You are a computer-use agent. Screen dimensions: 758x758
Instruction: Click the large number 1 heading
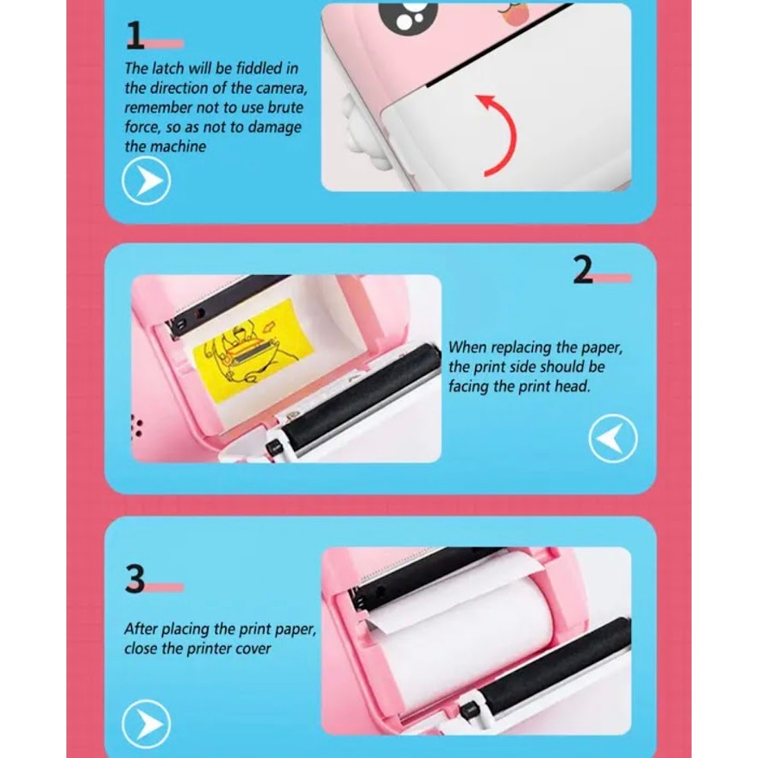(135, 35)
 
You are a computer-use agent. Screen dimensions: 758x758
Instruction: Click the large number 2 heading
(583, 270)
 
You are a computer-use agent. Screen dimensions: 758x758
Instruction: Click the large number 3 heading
(135, 579)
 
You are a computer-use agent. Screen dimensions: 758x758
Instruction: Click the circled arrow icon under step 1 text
(146, 181)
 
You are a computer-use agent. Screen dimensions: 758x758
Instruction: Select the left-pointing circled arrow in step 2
(613, 438)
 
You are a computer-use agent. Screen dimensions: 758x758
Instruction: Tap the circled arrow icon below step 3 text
(146, 724)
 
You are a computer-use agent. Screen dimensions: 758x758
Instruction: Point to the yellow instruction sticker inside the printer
(253, 349)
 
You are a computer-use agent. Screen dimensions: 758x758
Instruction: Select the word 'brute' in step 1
(285, 107)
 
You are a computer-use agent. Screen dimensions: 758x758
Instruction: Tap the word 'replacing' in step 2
(522, 348)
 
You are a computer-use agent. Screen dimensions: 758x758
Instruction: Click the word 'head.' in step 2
(575, 386)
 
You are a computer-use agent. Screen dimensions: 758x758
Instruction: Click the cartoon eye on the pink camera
(408, 17)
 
